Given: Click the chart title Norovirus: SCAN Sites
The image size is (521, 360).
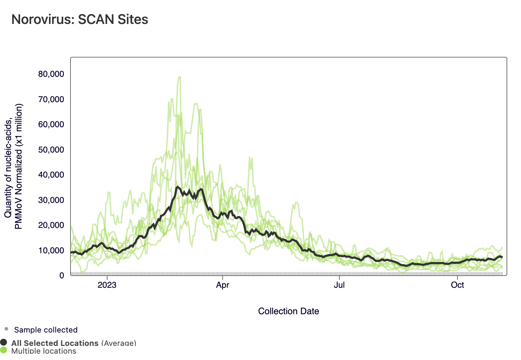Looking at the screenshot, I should pos(80,19).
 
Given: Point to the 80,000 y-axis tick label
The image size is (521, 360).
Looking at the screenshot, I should pos(51,74).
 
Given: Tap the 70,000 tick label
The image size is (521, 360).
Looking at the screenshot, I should pos(51,99).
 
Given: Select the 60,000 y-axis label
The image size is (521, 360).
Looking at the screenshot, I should pos(51,124).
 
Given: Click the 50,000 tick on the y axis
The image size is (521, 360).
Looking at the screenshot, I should pos(51,150).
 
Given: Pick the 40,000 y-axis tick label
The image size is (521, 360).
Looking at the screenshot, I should pos(51,175).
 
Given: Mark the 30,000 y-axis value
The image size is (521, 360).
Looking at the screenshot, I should pos(51,200).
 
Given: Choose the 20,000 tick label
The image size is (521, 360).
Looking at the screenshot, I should pos(51,225).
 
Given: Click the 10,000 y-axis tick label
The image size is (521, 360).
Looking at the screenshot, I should pos(51,250).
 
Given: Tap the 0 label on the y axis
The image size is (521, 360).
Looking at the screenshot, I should pos(62,275).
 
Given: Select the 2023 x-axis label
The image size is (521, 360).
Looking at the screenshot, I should pos(107,285).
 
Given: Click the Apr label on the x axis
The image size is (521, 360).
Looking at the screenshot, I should pos(222,285).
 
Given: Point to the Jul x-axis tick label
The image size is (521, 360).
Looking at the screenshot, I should pos(339,285).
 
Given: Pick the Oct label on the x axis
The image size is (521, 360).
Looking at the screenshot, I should pos(457,285).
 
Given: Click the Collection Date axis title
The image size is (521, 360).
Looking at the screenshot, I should pos(288,311).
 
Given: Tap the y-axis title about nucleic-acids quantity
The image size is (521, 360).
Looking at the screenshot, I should pos(13,166).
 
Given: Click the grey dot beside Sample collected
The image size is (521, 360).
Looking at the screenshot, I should pos(6,329).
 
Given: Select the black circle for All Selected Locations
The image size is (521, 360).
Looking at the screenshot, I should pos(4,342).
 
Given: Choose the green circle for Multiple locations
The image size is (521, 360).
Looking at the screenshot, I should pos(4,350).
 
